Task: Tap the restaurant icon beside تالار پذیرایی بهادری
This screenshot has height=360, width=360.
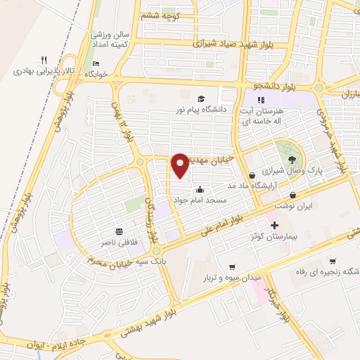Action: (44, 60)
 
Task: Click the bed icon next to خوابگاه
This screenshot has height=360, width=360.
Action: (96, 65)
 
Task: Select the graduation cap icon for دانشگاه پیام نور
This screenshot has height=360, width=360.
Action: (200, 99)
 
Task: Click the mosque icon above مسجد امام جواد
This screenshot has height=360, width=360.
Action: (200, 188)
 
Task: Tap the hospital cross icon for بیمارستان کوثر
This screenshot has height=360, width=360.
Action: (274, 226)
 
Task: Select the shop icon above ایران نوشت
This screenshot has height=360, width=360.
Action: (293, 195)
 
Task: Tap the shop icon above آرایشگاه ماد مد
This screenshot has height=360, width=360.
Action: (252, 175)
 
